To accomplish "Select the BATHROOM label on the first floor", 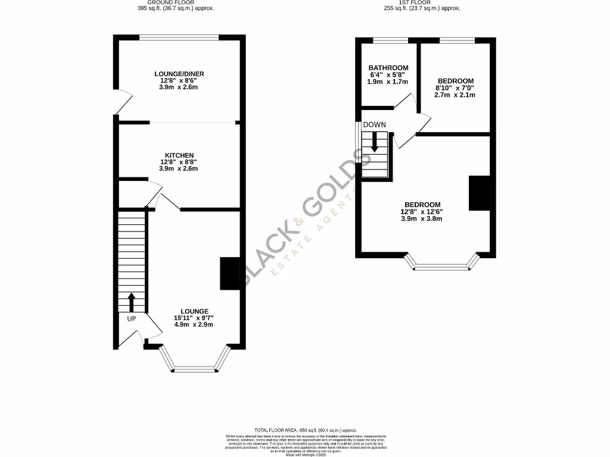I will tap(388, 68).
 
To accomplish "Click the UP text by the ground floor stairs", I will tap(132, 319).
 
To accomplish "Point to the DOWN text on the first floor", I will tap(374, 125).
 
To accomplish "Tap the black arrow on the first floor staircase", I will tap(375, 142).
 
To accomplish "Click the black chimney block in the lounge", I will tap(230, 273).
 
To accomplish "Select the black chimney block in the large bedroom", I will tap(480, 193).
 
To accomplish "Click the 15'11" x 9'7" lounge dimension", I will tap(194, 318).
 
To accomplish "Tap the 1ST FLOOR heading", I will tap(422, 2).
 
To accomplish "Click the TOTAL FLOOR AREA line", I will tap(305, 430).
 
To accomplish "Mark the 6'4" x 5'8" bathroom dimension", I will tap(388, 75).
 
